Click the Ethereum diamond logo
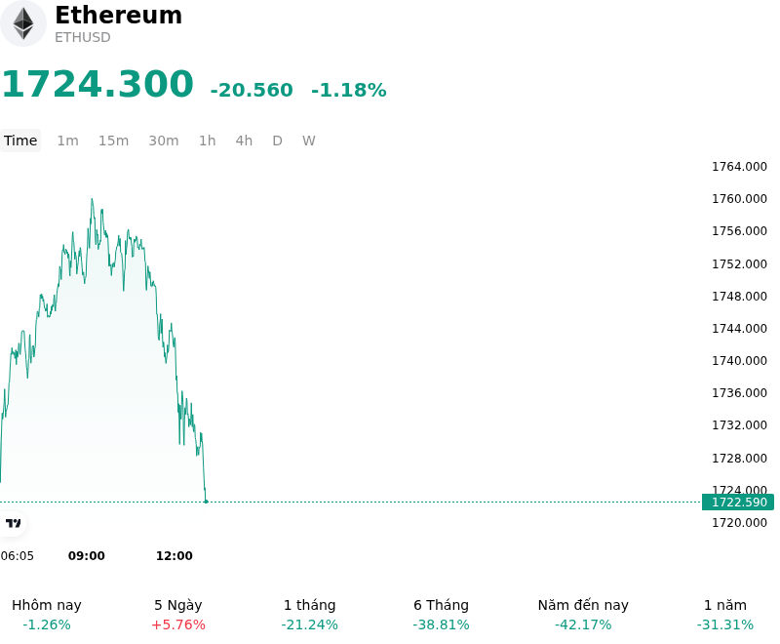pyautogui.click(x=22, y=23)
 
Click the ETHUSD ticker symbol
pyautogui.click(x=83, y=37)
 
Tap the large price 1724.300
pyautogui.click(x=97, y=84)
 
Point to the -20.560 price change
pyautogui.click(x=252, y=90)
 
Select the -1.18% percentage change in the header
pyautogui.click(x=349, y=90)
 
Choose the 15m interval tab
pyautogui.click(x=113, y=141)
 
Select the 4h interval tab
pyautogui.click(x=244, y=141)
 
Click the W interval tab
pyautogui.click(x=308, y=141)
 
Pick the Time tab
pyautogui.click(x=20, y=141)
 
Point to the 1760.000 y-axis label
pyautogui.click(x=739, y=199)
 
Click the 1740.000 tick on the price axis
pyautogui.click(x=739, y=360)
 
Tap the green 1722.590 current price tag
pyautogui.click(x=738, y=503)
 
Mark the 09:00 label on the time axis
pyautogui.click(x=87, y=555)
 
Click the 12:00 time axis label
pyautogui.click(x=175, y=555)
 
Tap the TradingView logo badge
pyautogui.click(x=13, y=523)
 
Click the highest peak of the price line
pyautogui.click(x=92, y=199)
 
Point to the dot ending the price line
pyautogui.click(x=206, y=502)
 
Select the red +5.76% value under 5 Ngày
pyautogui.click(x=178, y=624)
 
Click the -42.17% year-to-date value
pyautogui.click(x=583, y=624)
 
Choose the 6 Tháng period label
pyautogui.click(x=442, y=605)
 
